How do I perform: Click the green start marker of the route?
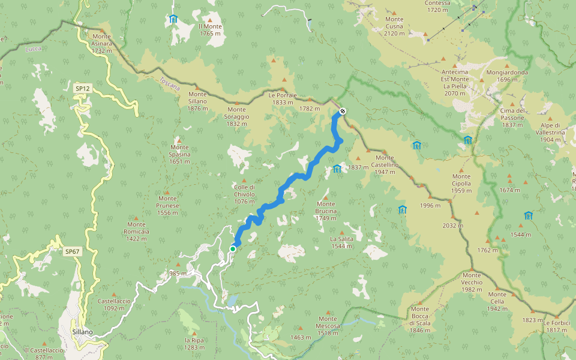click(x=233, y=249)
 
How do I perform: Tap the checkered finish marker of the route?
click(x=342, y=110)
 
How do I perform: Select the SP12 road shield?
click(x=82, y=89)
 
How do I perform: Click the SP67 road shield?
click(x=71, y=251)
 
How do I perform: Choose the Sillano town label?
click(x=82, y=332)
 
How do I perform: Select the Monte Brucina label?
click(x=326, y=211)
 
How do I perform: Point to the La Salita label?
click(x=341, y=242)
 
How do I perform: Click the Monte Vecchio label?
click(x=472, y=286)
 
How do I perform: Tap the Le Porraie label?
click(x=283, y=98)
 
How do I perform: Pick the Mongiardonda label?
click(x=503, y=76)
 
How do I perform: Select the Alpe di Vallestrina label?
click(x=548, y=136)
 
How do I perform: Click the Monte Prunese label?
click(x=167, y=205)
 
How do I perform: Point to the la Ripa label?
click(x=194, y=343)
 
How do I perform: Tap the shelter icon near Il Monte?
click(x=173, y=19)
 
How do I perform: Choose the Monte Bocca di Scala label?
click(x=420, y=319)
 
